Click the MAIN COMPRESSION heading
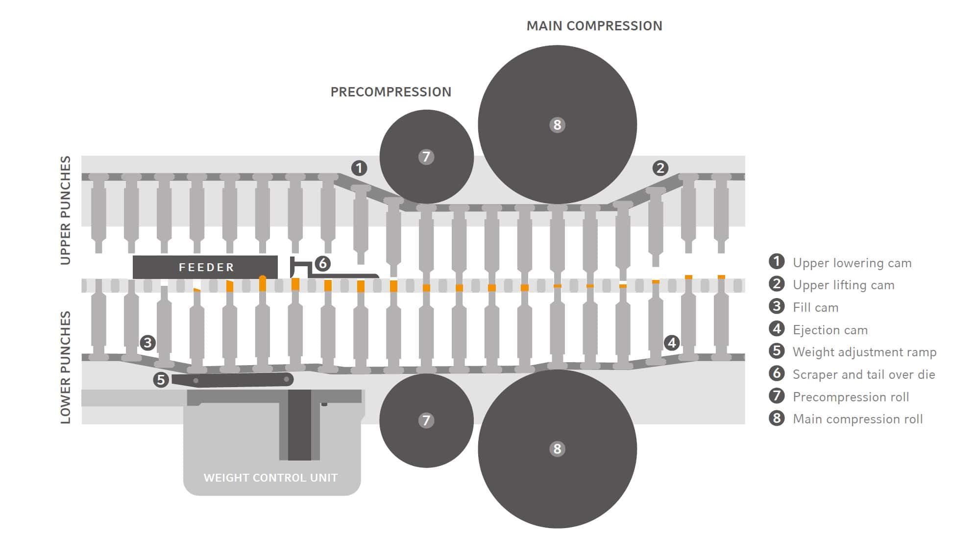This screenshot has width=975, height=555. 594,26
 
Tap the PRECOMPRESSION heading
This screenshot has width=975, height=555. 390,92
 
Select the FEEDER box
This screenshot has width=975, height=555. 205,267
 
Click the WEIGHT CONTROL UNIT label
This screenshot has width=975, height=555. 270,478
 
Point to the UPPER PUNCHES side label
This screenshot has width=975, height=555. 66,210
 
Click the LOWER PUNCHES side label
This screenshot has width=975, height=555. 66,367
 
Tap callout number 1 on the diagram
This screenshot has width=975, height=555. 359,168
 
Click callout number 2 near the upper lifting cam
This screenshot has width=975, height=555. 660,168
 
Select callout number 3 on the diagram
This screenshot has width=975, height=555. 147,343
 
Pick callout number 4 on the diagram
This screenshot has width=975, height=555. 672,343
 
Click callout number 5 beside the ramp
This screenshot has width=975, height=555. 161,380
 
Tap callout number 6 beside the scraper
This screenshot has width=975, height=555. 322,264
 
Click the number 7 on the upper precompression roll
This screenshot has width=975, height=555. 426,157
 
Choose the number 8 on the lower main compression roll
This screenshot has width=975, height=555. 557,449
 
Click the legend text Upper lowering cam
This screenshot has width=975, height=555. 852,263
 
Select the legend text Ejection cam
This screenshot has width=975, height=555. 830,330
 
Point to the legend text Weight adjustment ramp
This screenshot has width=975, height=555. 864,352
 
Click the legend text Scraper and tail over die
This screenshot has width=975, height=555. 864,374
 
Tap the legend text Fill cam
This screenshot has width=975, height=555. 815,307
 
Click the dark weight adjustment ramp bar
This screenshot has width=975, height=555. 235,380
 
